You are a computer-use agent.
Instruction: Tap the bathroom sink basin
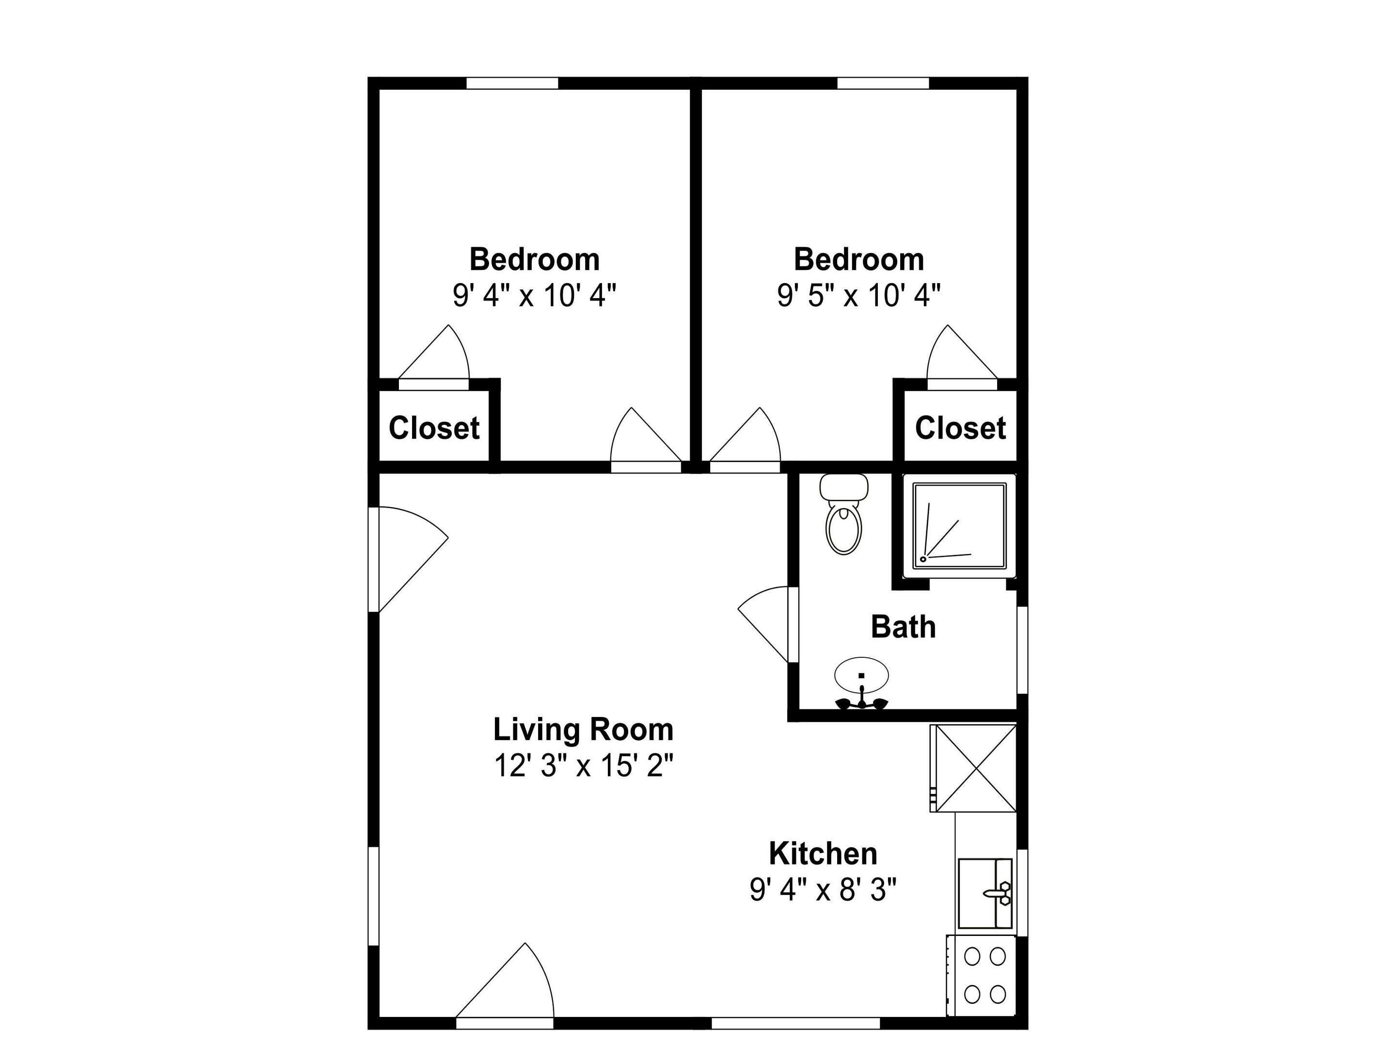(x=861, y=675)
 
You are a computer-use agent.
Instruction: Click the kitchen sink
(x=984, y=893)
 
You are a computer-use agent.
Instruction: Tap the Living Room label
(x=583, y=730)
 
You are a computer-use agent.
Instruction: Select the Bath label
(x=903, y=627)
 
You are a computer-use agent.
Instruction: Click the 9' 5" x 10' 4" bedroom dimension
(x=858, y=295)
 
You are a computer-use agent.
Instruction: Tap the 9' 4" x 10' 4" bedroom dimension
(x=534, y=295)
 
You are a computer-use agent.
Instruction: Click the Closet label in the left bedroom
(x=434, y=428)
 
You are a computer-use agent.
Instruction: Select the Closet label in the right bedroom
(x=960, y=428)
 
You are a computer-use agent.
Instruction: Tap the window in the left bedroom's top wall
(x=512, y=83)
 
